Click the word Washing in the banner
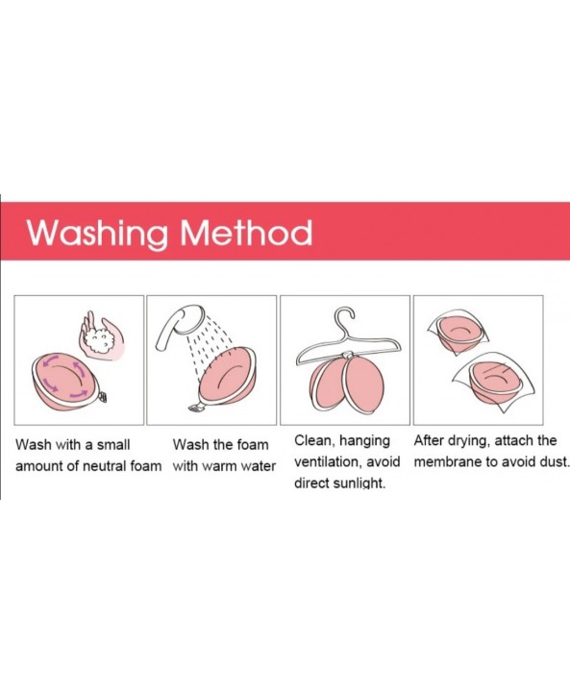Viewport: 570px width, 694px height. pos(97,234)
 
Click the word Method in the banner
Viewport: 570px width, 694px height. pos(246,232)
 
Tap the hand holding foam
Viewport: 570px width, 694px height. pos(101,335)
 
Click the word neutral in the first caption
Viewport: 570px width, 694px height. pos(103,466)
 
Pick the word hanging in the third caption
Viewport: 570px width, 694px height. pos(364,441)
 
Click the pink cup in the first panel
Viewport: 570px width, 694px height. pos(65,382)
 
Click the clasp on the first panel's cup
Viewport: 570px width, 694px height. pos(103,397)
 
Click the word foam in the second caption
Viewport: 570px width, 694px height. pos(252,444)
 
